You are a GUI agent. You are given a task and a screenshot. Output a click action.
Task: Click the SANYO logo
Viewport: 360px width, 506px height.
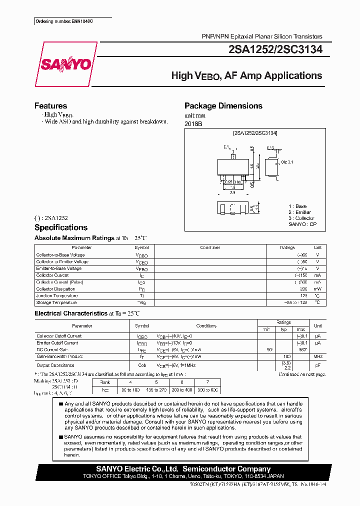pyautogui.click(x=65, y=64)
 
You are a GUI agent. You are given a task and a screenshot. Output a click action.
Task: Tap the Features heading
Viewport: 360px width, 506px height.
pyautogui.click(x=50, y=106)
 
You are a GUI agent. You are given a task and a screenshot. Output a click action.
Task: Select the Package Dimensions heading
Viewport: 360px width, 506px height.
pyautogui.click(x=223, y=106)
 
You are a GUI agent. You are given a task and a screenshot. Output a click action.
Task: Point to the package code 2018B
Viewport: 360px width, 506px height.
pyautogui.click(x=192, y=123)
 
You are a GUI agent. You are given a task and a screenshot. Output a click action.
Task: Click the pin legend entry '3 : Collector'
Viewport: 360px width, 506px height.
pyautogui.click(x=301, y=218)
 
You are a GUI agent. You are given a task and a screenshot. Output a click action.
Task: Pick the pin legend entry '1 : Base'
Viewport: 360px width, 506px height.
pyautogui.click(x=297, y=206)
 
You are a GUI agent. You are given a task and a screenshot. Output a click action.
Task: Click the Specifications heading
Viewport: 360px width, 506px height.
pyautogui.click(x=60, y=227)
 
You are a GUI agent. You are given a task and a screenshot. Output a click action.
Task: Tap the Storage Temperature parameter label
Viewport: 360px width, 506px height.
pyautogui.click(x=56, y=302)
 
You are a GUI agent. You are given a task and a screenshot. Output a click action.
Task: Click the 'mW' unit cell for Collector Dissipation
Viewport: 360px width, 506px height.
pyautogui.click(x=317, y=289)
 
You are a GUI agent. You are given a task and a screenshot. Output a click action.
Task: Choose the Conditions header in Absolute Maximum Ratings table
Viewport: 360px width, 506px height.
pyautogui.click(x=210, y=247)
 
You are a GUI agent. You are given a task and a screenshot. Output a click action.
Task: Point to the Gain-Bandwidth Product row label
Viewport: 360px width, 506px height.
pyautogui.click(x=59, y=356)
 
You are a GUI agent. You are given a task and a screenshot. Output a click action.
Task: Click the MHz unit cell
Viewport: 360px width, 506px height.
pyautogui.click(x=317, y=356)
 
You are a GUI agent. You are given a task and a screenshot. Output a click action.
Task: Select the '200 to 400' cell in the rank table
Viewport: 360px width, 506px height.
pyautogui.click(x=181, y=390)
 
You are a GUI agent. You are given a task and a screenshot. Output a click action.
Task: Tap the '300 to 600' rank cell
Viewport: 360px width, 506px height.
pyautogui.click(x=207, y=390)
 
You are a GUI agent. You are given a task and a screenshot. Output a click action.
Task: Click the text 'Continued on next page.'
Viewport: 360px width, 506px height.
pyautogui.click(x=301, y=374)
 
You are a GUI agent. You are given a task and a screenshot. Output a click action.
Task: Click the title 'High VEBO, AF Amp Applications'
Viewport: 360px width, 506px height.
pyautogui.click(x=246, y=76)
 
